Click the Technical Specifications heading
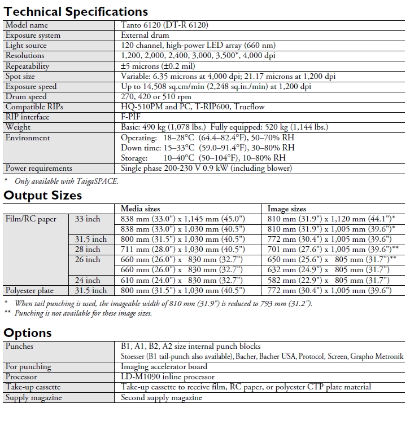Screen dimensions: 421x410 tap(76, 11)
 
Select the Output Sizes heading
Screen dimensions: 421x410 tap(43, 196)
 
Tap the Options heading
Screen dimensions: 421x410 tap(28, 332)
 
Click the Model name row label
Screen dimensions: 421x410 tap(27, 25)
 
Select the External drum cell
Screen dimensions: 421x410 tap(145, 35)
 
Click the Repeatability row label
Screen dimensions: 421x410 tap(27, 66)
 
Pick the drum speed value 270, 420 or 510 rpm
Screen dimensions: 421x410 tap(157, 96)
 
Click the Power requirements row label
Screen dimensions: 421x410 tap(38, 168)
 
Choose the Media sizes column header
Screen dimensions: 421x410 tap(141, 209)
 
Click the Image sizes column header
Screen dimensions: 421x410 tap(287, 209)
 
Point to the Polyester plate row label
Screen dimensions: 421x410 tap(29, 290)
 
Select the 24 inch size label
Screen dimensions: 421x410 tap(88, 280)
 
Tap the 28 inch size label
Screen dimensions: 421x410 tap(88, 249)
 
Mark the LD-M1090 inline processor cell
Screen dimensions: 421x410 tap(168, 376)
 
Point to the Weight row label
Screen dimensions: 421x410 tap(19, 127)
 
